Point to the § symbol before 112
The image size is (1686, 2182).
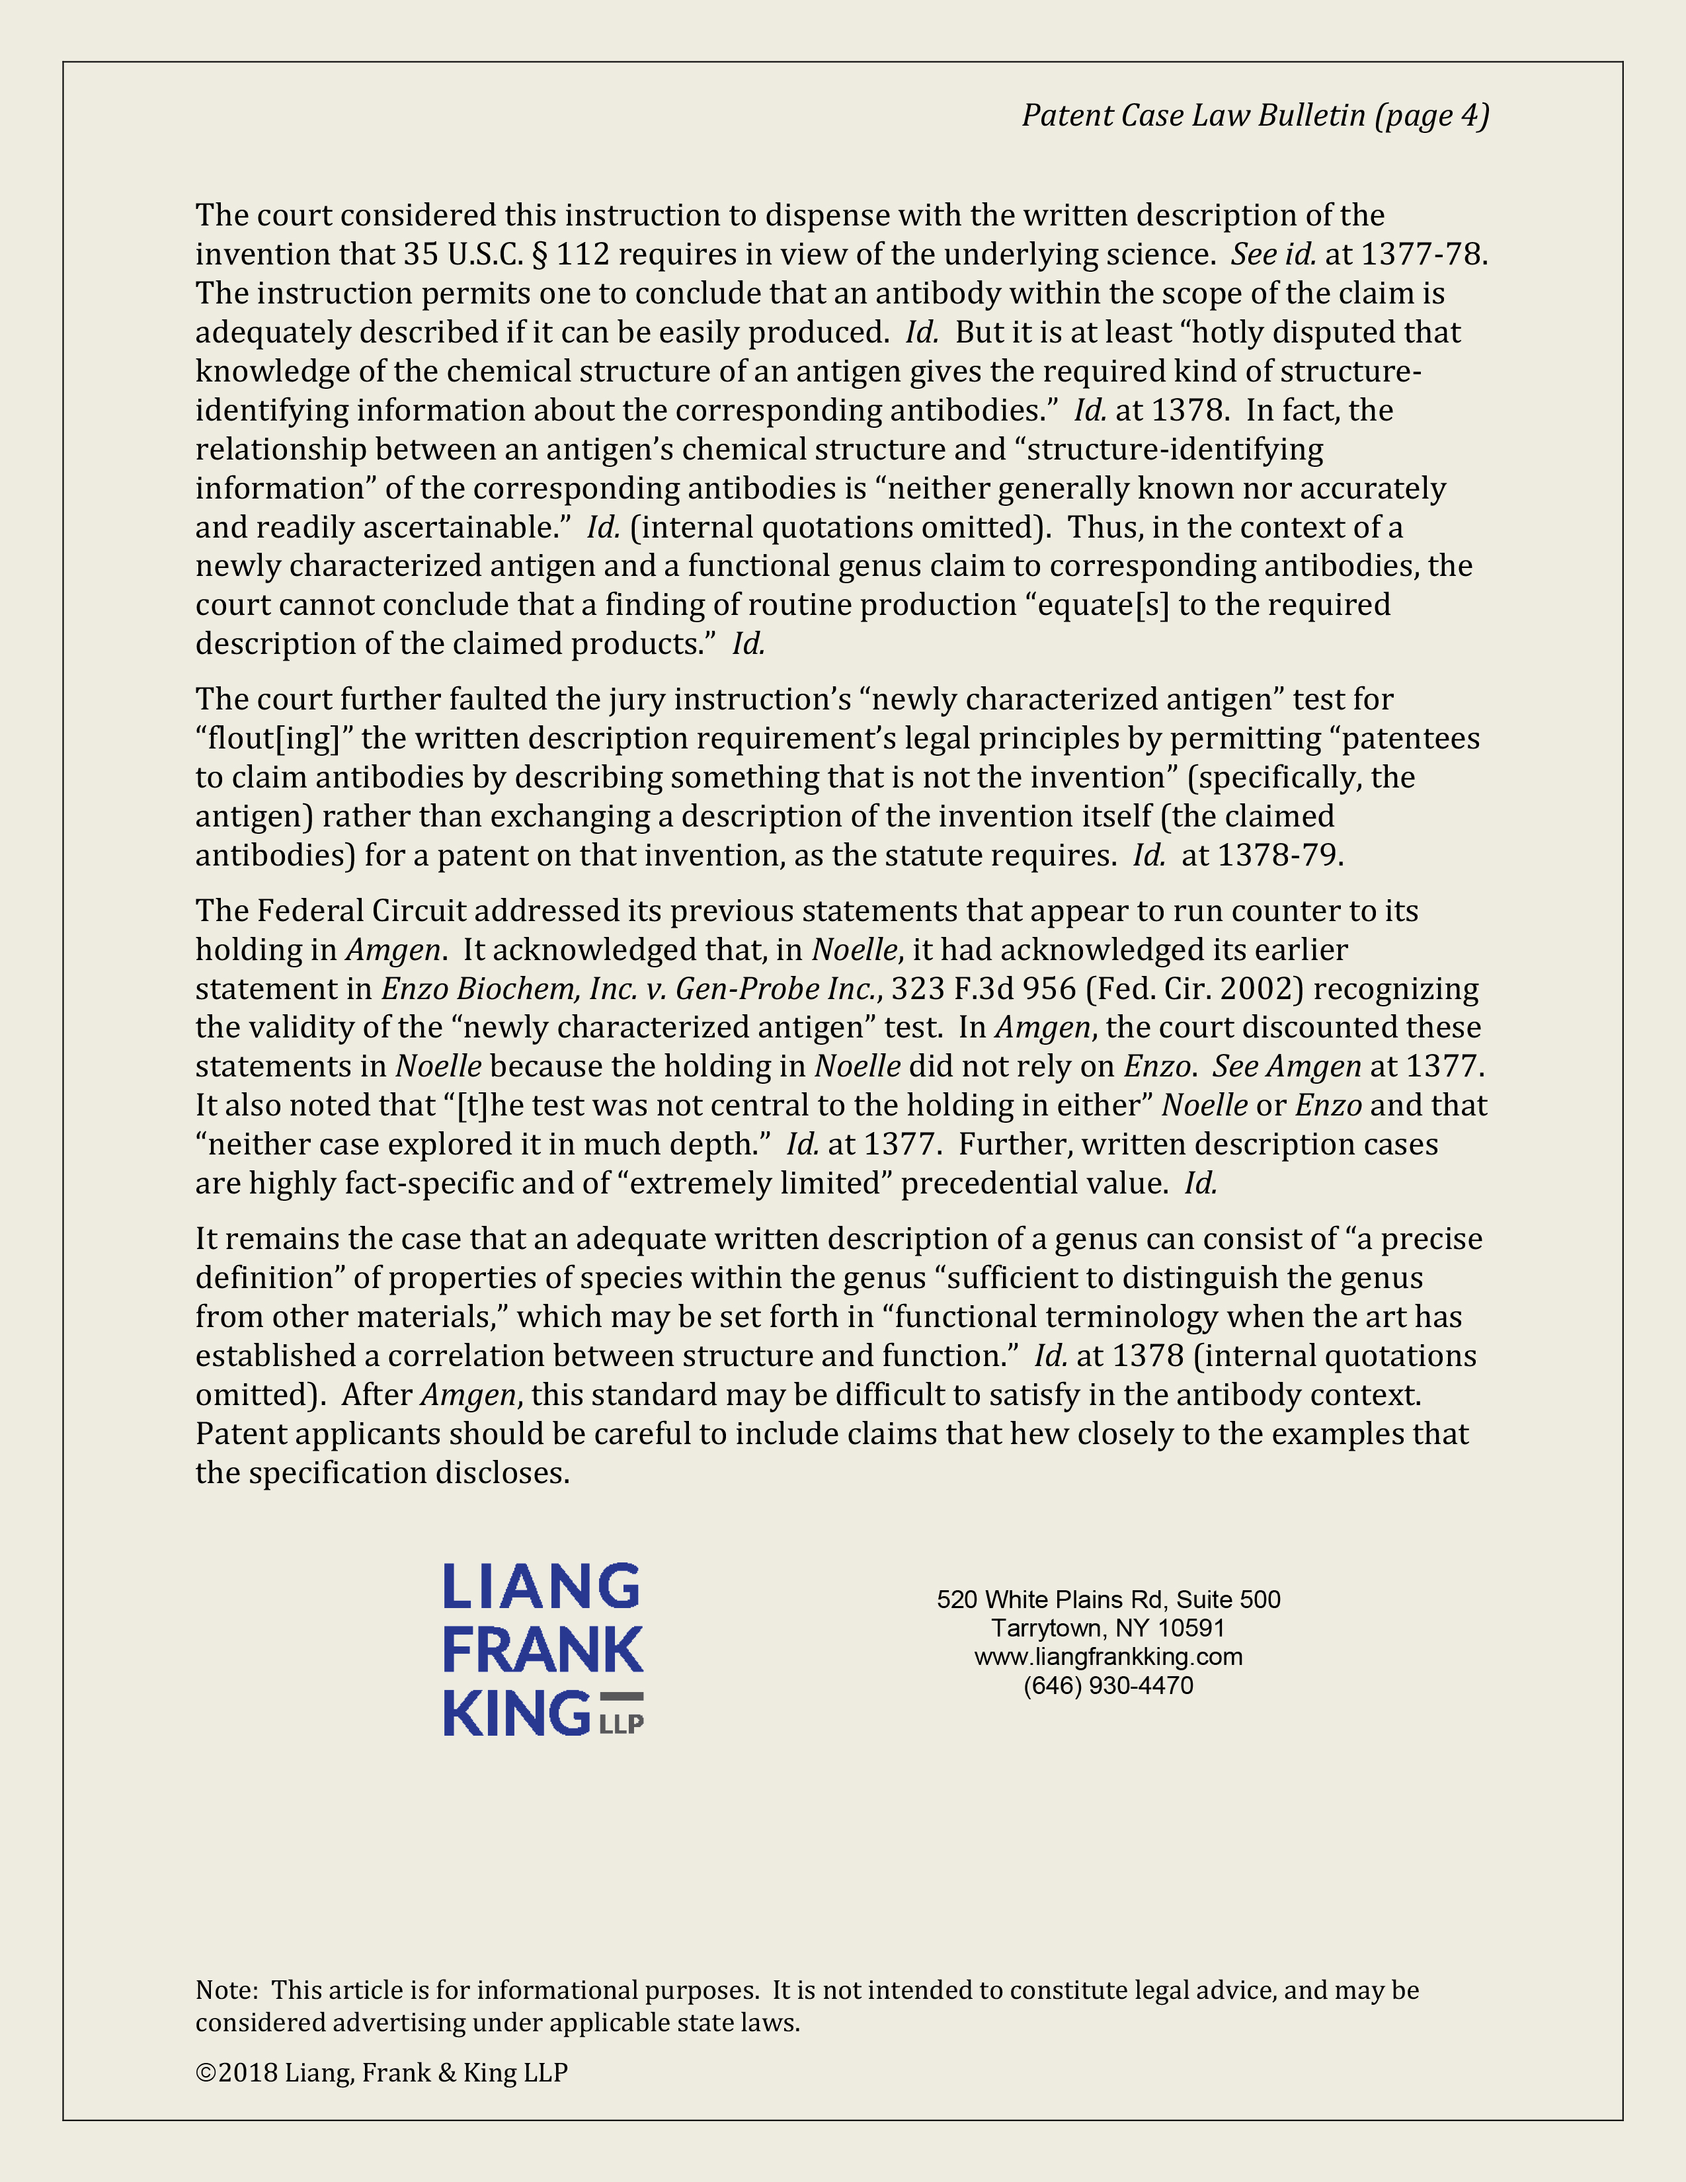(540, 255)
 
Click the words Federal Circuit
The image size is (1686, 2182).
(362, 911)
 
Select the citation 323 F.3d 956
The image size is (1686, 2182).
(983, 989)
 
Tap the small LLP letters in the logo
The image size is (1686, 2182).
(622, 1724)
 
